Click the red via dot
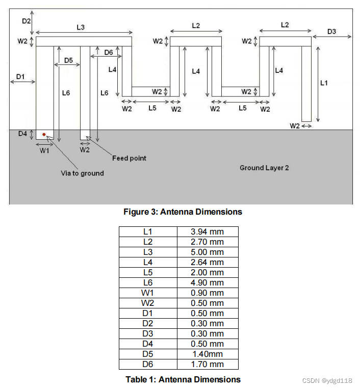click(44, 135)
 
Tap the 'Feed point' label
click(129, 158)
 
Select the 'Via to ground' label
click(82, 173)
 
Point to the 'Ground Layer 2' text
click(264, 168)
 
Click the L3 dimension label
click(81, 28)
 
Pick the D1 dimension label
click(20, 76)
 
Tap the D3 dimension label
click(332, 32)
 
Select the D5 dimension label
click(68, 60)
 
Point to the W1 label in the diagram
click(44, 150)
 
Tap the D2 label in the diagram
click(27, 21)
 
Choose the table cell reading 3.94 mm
click(207, 232)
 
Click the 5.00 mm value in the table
click(207, 252)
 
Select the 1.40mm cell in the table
click(207, 354)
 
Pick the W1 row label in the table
click(148, 293)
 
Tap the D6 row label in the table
click(148, 365)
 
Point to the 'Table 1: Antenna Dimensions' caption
click(183, 379)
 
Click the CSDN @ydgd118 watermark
click(327, 381)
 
